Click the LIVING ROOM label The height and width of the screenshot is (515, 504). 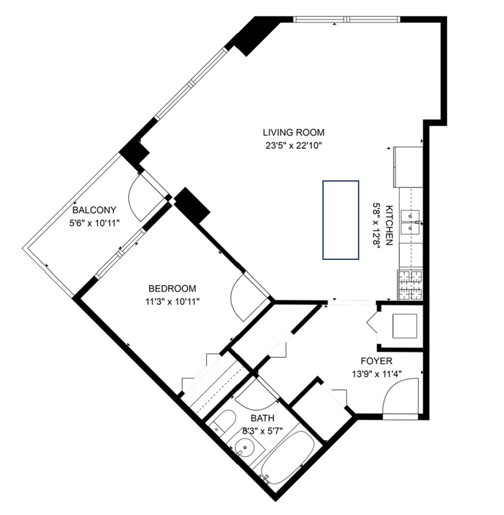293,132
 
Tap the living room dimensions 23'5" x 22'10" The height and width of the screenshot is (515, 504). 293,145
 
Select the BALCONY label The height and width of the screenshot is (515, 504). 94,210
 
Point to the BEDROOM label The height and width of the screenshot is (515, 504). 172,288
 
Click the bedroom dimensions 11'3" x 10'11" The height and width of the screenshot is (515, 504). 172,301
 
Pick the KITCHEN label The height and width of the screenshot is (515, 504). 389,225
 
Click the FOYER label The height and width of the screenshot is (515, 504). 377,361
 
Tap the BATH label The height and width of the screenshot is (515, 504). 263,418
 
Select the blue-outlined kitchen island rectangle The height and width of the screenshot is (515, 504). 340,220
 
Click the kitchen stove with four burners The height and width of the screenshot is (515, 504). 410,285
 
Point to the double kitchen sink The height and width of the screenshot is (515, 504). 411,222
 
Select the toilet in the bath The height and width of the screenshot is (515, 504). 223,422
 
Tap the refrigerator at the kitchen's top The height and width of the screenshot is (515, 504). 408,167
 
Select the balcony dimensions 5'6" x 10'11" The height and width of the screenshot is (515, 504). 94,223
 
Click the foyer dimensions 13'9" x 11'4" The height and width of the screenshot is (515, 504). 377,374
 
